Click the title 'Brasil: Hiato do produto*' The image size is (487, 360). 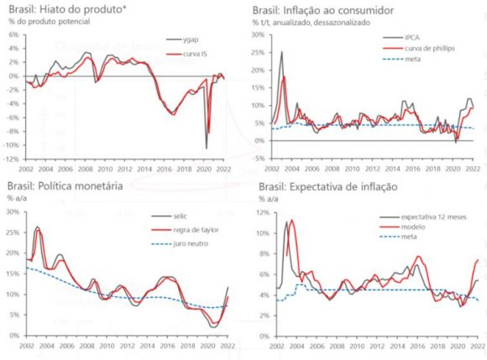pos(63,10)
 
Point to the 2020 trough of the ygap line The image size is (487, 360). pos(207,148)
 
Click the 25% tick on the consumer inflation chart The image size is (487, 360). pos(259,52)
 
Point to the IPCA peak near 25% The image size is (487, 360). pos(280,53)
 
